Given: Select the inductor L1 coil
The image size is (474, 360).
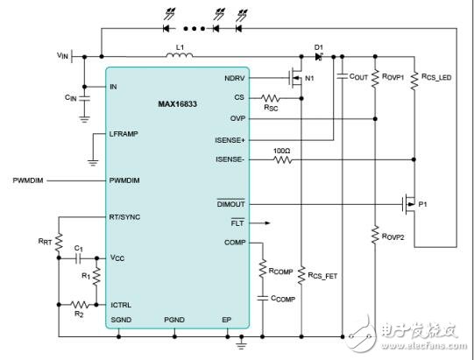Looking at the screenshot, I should pos(180,59).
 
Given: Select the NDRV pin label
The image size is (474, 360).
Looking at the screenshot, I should pos(234,76).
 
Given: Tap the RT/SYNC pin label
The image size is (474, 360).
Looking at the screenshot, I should pos(127,215).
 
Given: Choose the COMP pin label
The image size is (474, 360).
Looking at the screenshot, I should pos(234,243).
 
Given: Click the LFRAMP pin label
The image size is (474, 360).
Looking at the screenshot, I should pos(125,133).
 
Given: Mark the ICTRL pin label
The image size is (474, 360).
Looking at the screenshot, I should pos(121,304).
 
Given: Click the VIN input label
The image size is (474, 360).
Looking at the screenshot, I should pos(61,54).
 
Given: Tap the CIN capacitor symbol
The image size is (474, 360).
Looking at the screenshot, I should pos(84,102).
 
